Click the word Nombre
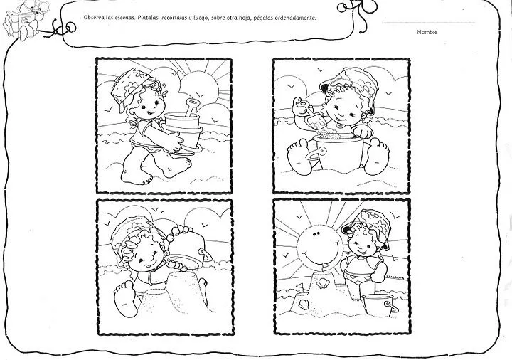pyautogui.click(x=427, y=32)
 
